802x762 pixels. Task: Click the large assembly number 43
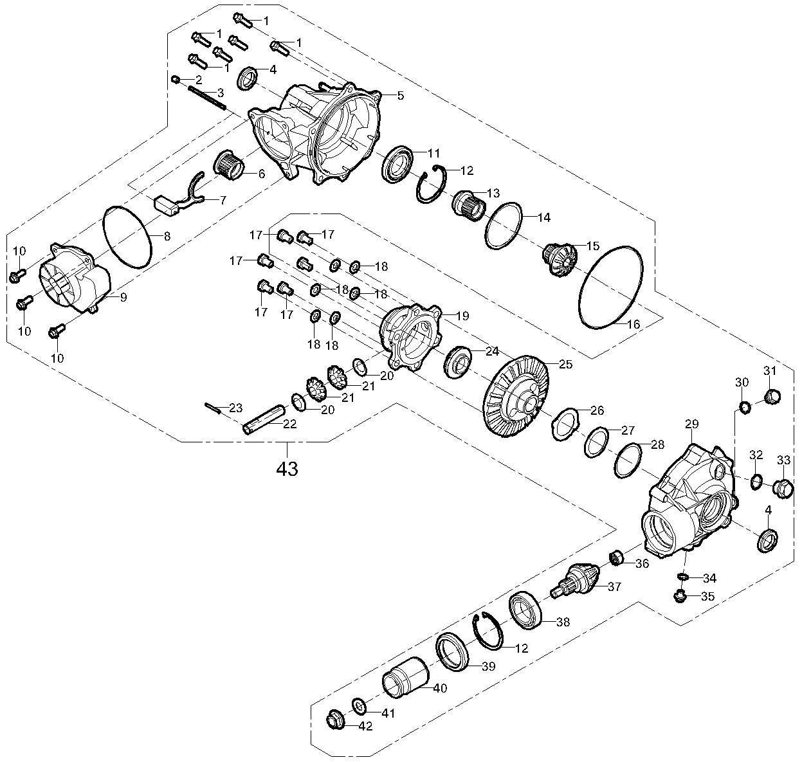click(287, 469)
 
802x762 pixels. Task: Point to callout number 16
click(633, 324)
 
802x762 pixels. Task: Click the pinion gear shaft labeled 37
click(575, 581)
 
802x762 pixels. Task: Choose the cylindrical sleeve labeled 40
click(405, 677)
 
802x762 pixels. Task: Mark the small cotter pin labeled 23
click(214, 408)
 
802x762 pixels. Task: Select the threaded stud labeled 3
click(207, 97)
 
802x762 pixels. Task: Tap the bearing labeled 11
click(397, 165)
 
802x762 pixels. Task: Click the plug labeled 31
click(772, 396)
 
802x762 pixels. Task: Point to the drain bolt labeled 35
click(679, 597)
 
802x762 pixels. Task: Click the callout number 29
click(692, 424)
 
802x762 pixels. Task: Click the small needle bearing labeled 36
click(618, 558)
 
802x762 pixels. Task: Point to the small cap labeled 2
click(176, 78)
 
